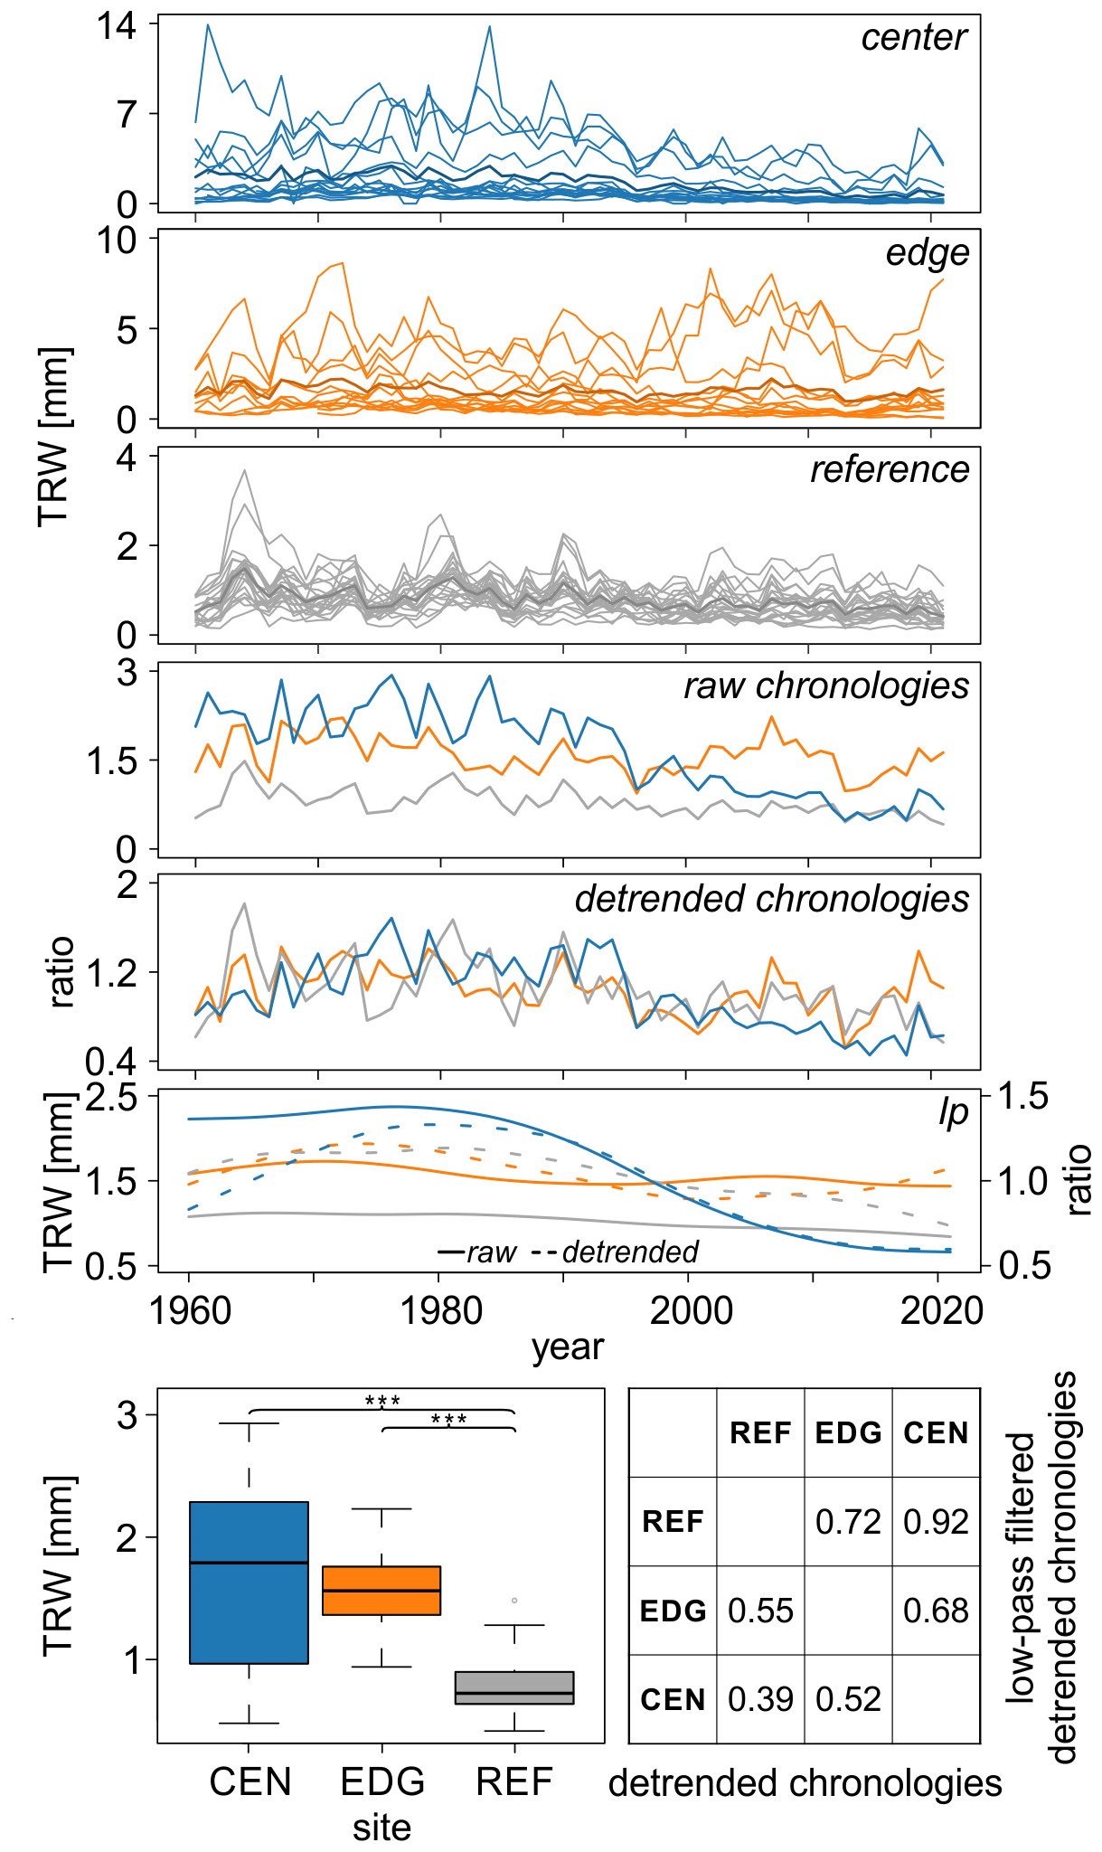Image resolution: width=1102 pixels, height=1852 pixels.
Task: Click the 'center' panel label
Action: [913, 38]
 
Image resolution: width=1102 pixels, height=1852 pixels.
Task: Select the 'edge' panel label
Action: [927, 254]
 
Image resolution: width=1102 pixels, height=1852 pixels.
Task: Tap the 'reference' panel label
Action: [889, 470]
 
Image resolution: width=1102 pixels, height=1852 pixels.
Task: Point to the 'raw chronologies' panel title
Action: [825, 686]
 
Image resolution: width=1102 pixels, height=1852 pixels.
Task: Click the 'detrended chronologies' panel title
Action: [771, 900]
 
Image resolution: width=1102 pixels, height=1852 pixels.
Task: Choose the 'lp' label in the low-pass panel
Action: [953, 1113]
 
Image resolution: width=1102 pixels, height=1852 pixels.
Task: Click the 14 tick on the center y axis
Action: [118, 26]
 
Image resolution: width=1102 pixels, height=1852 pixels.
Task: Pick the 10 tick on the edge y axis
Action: [118, 241]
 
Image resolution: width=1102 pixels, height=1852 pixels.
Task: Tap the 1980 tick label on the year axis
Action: [439, 1310]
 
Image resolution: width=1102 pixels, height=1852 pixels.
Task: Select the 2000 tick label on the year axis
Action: [690, 1310]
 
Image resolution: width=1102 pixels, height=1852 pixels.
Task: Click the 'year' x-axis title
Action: [567, 1347]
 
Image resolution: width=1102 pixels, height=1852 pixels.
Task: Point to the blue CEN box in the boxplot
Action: [249, 1583]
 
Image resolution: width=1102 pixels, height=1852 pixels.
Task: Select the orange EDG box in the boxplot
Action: [381, 1590]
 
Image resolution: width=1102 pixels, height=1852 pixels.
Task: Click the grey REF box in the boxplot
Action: [514, 1687]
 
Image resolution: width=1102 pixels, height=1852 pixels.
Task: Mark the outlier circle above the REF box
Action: [514, 1601]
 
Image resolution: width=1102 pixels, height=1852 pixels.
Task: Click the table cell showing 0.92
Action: [936, 1522]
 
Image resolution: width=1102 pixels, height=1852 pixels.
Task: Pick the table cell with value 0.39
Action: [760, 1699]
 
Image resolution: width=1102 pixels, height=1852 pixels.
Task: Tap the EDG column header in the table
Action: [848, 1433]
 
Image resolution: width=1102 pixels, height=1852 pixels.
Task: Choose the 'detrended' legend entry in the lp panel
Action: [630, 1252]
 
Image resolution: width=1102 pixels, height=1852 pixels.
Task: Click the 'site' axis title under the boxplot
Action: [381, 1828]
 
